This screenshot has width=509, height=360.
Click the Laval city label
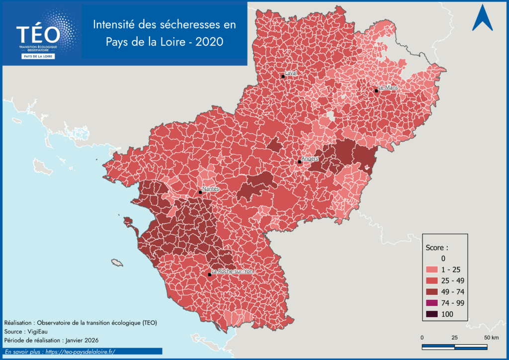[x=291, y=73]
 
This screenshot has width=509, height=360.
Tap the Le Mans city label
[x=388, y=88]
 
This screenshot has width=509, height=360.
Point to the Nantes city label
[x=211, y=189]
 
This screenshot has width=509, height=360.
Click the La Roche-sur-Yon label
[x=232, y=271]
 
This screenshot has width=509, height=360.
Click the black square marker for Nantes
[x=200, y=192]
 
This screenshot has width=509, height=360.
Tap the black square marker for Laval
[x=283, y=76]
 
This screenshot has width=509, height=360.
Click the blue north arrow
[x=482, y=18]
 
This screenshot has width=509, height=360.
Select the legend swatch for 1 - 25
[x=431, y=270]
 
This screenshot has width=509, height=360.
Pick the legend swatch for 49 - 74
[x=431, y=292]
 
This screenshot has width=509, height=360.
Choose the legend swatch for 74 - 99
[x=431, y=303]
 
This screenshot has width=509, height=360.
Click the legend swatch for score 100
[x=431, y=314]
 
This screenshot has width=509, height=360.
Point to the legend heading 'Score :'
[x=437, y=247]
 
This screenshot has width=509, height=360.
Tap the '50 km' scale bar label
[x=492, y=338]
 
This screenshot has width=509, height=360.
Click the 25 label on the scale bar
[x=454, y=338]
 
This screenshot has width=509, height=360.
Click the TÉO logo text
[x=38, y=34]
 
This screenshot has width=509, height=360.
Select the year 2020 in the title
[x=210, y=42]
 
